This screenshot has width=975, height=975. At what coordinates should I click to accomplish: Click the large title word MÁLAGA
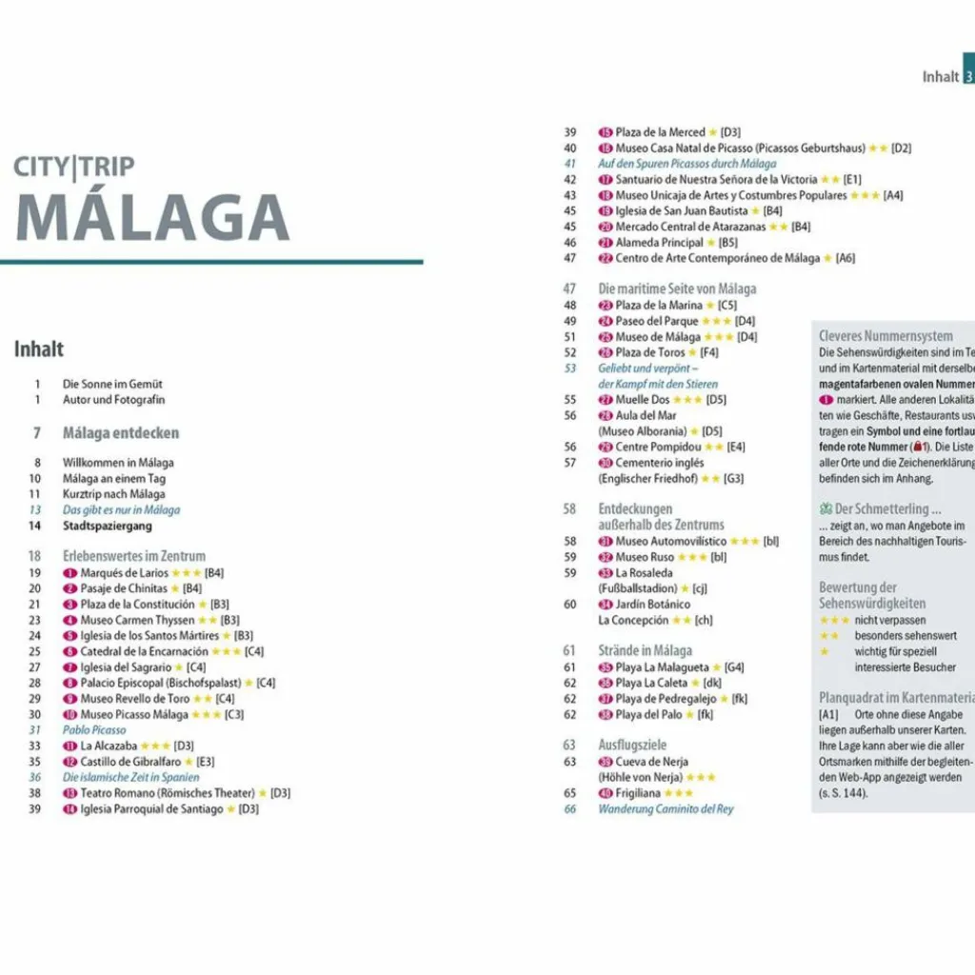[x=152, y=218]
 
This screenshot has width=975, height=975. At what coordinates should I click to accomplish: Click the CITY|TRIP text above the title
[x=73, y=168]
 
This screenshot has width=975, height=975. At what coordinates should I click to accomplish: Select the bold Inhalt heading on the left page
[x=39, y=349]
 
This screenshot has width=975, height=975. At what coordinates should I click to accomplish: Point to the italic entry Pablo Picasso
[x=94, y=730]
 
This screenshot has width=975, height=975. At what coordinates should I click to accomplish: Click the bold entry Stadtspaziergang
[x=107, y=526]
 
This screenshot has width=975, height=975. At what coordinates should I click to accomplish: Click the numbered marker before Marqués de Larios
[x=70, y=573]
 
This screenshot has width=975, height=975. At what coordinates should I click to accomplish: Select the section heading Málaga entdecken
[x=120, y=433]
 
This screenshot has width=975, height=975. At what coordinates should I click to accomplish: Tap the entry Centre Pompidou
[x=657, y=447]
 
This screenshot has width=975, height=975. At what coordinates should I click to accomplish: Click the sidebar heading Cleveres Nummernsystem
[x=885, y=336]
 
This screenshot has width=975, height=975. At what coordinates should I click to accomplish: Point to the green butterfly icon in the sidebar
[x=826, y=508]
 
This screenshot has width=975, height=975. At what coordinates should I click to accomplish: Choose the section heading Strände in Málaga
[x=645, y=650]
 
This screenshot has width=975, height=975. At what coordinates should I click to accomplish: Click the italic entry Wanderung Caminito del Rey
[x=666, y=809]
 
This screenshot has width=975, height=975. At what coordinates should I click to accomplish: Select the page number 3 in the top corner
[x=968, y=76]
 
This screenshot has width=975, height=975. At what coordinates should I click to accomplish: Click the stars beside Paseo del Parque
[x=716, y=321]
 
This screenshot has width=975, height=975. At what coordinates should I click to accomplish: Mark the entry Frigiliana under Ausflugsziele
[x=639, y=793]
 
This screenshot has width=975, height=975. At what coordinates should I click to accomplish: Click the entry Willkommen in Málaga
[x=118, y=463]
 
